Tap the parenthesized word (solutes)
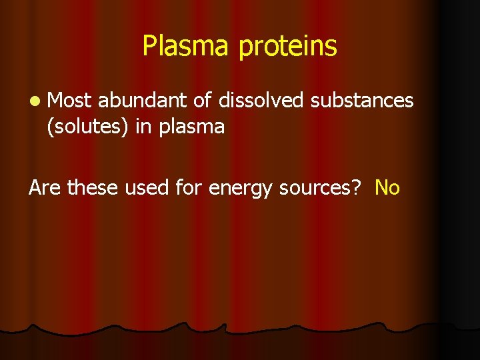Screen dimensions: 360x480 pos(87,127)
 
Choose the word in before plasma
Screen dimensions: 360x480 pos(143,126)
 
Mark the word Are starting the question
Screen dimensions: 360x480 pos(45,188)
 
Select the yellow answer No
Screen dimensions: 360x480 pos(387,188)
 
